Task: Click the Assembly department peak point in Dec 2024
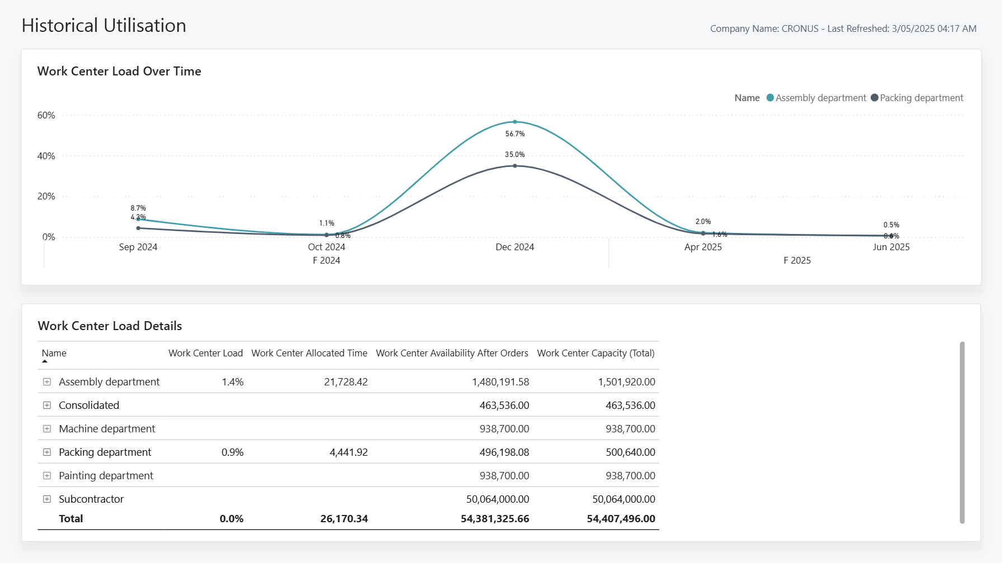pyautogui.click(x=514, y=122)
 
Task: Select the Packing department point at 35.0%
pyautogui.click(x=514, y=166)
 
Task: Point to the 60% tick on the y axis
pyautogui.click(x=46, y=116)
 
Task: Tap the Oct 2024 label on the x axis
pyautogui.click(x=327, y=247)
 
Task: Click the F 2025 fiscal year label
pyautogui.click(x=797, y=260)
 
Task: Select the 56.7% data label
pyautogui.click(x=514, y=134)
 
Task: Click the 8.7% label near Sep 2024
pyautogui.click(x=138, y=208)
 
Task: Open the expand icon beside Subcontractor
pyautogui.click(x=47, y=499)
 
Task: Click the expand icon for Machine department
pyautogui.click(x=47, y=429)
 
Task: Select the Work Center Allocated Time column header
pyautogui.click(x=309, y=353)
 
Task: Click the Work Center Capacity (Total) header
pyautogui.click(x=595, y=353)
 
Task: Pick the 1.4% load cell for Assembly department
pyautogui.click(x=233, y=382)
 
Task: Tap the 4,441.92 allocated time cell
pyautogui.click(x=348, y=452)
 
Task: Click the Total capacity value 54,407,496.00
pyautogui.click(x=621, y=519)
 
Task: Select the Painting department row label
pyautogui.click(x=106, y=476)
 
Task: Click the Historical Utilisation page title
pyautogui.click(x=104, y=26)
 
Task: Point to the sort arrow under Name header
pyautogui.click(x=45, y=361)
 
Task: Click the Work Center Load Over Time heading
pyautogui.click(x=119, y=71)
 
